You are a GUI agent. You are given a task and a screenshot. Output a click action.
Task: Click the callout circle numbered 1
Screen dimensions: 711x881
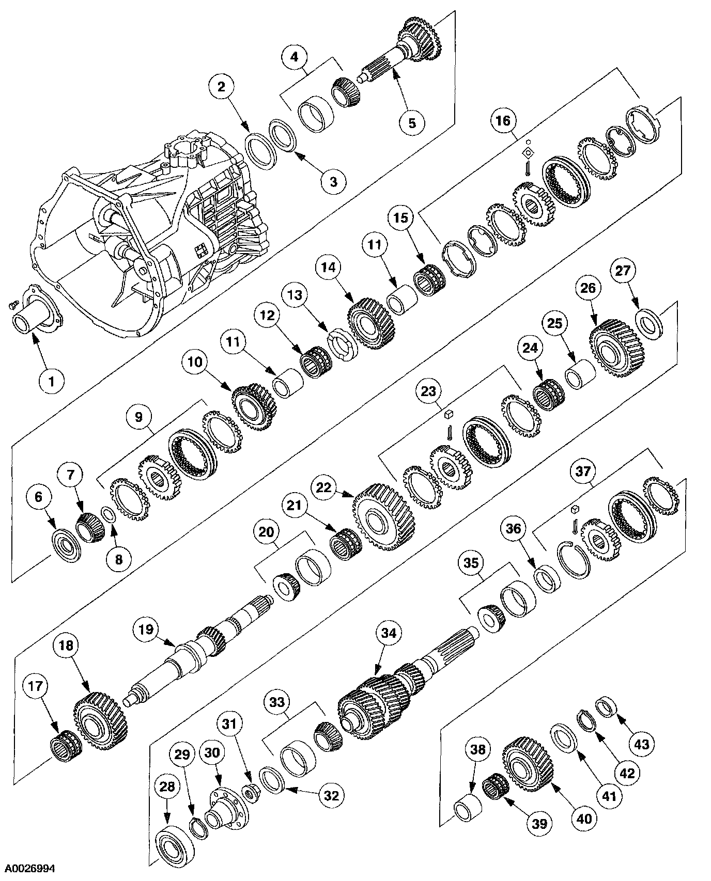click(x=51, y=382)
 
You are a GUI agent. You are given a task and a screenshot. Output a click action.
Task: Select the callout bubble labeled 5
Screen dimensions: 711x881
click(x=412, y=123)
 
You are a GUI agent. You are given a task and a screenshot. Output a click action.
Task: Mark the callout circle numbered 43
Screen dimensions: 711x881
click(x=641, y=744)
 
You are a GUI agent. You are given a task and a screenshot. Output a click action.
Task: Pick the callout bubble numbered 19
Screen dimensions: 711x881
click(x=147, y=630)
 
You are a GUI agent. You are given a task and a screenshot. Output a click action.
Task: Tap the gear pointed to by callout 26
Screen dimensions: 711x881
click(x=615, y=349)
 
